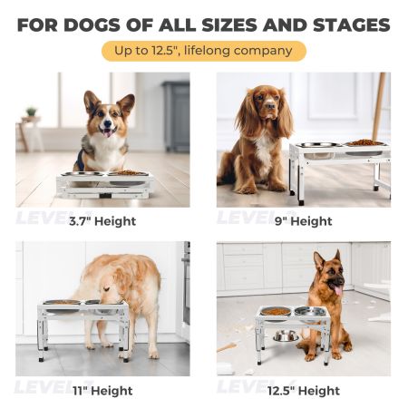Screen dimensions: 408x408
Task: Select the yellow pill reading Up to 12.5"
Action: pos(203,51)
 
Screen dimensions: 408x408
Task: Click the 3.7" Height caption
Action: pos(102,220)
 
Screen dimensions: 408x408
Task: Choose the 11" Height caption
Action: pos(102,391)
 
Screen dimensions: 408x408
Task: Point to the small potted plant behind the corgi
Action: pos(32,113)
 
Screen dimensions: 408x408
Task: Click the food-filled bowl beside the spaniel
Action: pos(364,143)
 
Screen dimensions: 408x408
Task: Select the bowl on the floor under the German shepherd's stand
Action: pos(286,336)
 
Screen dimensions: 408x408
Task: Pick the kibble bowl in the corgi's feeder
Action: pos(130,172)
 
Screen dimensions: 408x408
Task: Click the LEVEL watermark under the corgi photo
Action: pos(42,218)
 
